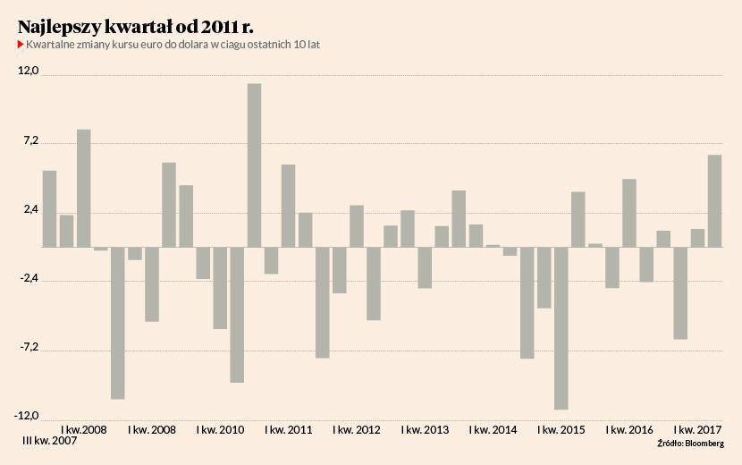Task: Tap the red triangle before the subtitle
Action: pyautogui.click(x=21, y=45)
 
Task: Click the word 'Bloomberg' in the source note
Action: pyautogui.click(x=704, y=443)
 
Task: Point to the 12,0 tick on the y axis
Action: pyautogui.click(x=29, y=71)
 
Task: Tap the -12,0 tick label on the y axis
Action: pyautogui.click(x=28, y=415)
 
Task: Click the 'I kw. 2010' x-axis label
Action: pyautogui.click(x=220, y=430)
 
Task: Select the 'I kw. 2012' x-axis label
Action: pyautogui.click(x=356, y=430)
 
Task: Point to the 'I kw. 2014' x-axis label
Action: pyautogui.click(x=493, y=430)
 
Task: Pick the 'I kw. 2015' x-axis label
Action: pyautogui.click(x=561, y=430)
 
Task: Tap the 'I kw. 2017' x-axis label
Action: pyautogui.click(x=698, y=430)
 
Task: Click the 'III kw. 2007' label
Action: pyautogui.click(x=50, y=442)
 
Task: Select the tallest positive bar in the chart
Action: pyautogui.click(x=255, y=165)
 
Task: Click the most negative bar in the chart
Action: pyautogui.click(x=561, y=327)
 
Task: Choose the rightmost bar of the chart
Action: pyautogui.click(x=715, y=200)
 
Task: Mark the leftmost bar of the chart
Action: pyautogui.click(x=50, y=208)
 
